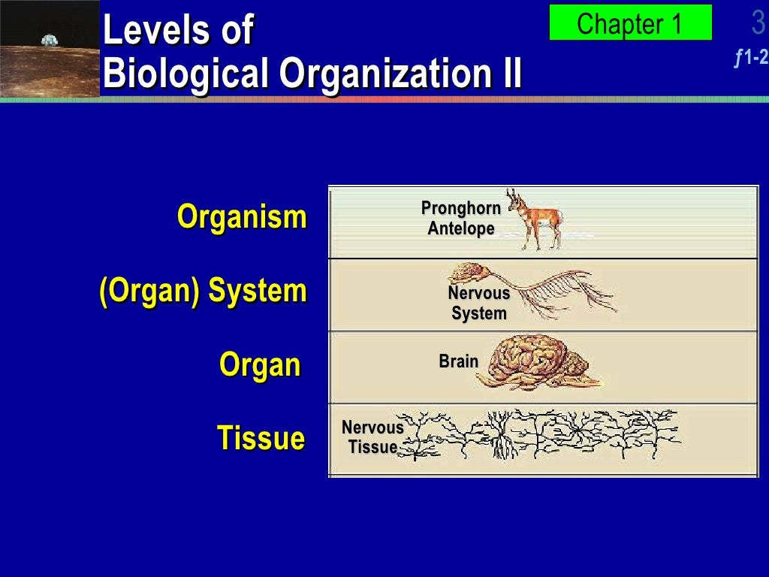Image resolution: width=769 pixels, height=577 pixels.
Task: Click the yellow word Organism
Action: point(242,218)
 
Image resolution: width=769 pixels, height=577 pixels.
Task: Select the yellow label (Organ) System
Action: point(203,291)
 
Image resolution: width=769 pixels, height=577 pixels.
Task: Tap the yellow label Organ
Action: point(260,365)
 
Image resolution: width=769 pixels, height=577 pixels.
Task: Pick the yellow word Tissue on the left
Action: point(261,438)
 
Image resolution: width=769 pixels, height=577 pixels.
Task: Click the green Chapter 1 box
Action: point(630,23)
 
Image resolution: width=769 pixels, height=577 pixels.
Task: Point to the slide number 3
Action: point(758,24)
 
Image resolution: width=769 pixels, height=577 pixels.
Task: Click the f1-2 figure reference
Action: point(752,57)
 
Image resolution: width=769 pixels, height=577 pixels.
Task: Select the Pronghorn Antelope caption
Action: point(461,219)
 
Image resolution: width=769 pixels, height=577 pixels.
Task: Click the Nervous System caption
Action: point(479,304)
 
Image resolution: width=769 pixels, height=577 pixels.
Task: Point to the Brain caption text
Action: point(459,361)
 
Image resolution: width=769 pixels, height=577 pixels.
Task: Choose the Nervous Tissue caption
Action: point(372,437)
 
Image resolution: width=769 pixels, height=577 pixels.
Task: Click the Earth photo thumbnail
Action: point(50,48)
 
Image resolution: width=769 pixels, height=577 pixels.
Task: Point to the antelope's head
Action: point(515,201)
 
